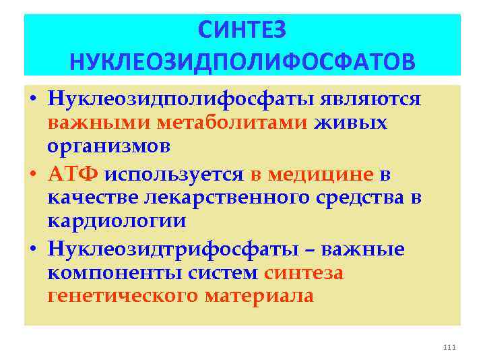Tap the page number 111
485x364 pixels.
451,347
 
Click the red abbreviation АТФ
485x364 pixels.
73,174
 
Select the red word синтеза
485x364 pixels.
304,273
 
